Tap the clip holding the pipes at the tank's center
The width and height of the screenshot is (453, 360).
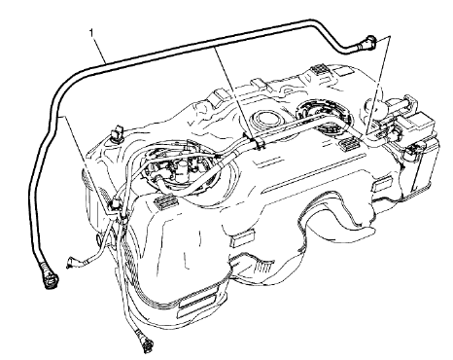257,144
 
